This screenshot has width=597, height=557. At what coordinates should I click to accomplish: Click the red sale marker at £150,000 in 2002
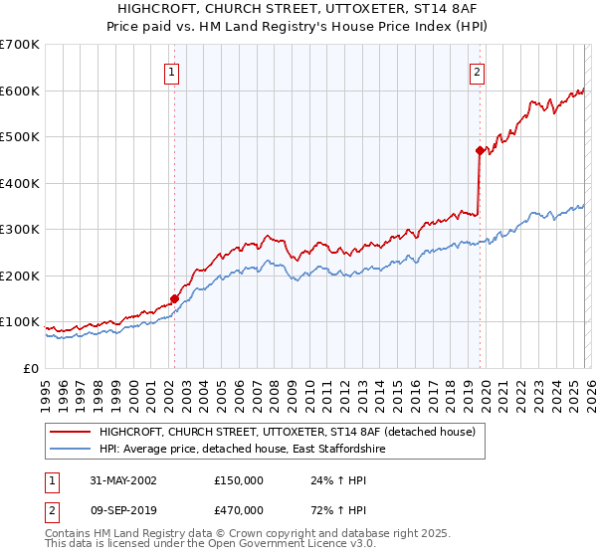[x=174, y=297]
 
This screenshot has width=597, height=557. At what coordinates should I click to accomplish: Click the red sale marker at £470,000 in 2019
[x=479, y=151]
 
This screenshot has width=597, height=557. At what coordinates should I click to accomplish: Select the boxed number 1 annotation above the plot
[x=172, y=71]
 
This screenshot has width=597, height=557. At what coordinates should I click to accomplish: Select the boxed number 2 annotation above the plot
[x=478, y=71]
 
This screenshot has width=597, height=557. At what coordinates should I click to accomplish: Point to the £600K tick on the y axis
[x=20, y=91]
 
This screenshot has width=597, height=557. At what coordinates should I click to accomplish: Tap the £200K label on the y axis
[x=20, y=276]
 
